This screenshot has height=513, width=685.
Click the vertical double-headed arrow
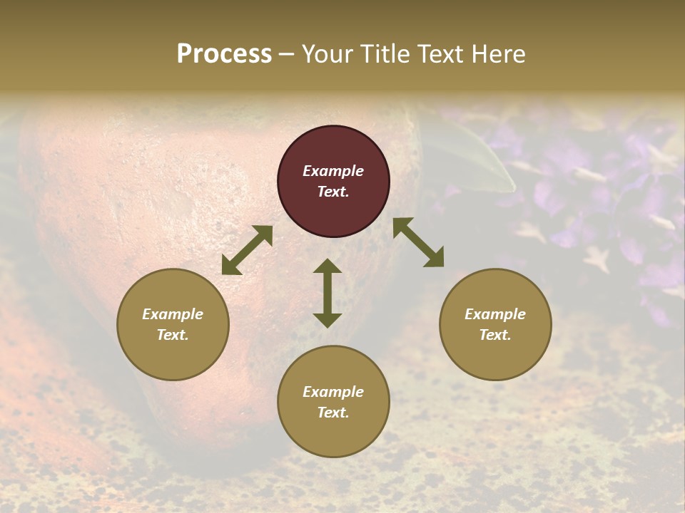click(328, 293)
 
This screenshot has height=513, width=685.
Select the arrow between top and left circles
click(247, 250)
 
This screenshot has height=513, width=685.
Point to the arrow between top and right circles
click(418, 242)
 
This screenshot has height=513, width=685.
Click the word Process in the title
click(224, 53)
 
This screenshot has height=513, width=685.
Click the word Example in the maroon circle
click(333, 171)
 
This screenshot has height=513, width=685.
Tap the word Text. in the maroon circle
click(333, 192)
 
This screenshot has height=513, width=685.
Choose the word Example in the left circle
click(173, 314)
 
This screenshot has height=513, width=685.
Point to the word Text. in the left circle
click(173, 335)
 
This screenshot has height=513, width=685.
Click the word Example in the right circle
click(495, 314)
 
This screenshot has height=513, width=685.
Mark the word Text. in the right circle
click(495, 335)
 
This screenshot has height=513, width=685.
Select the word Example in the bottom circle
click(333, 392)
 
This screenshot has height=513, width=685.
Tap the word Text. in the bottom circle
click(333, 413)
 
